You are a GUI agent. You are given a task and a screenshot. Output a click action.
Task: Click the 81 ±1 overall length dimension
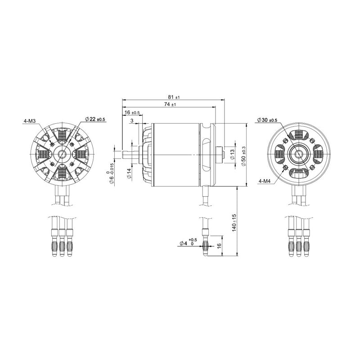coord(173,97)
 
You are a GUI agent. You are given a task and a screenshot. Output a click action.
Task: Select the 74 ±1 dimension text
coord(171,104)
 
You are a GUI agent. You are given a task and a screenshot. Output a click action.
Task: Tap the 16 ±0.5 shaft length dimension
coord(132,112)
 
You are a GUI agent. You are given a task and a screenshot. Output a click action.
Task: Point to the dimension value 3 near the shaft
coord(131,121)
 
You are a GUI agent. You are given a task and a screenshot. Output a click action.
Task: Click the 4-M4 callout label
coord(265,181)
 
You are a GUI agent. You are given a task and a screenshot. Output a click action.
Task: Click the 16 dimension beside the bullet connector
coord(219,246)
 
